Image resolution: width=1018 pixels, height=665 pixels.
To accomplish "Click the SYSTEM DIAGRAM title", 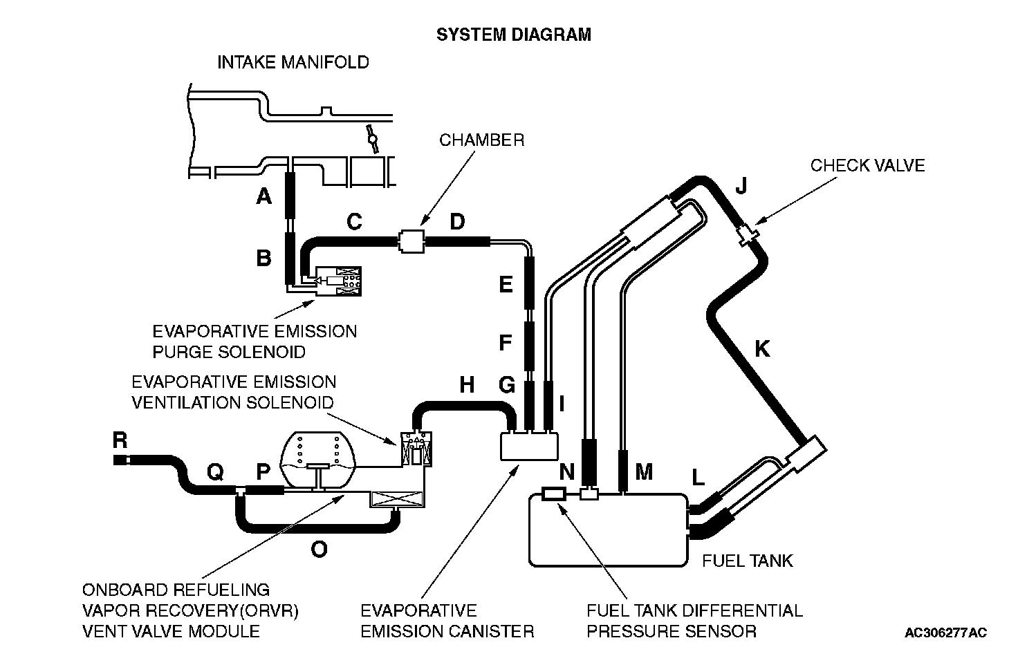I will (x=513, y=35).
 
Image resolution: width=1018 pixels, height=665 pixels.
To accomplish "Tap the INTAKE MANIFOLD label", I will (x=293, y=62).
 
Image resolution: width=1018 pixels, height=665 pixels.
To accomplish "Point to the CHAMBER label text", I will (x=481, y=140).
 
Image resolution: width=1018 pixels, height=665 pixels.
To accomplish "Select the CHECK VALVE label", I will (x=867, y=165).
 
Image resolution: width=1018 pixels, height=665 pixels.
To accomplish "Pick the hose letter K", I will (x=762, y=349).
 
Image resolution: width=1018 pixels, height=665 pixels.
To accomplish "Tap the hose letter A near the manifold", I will (x=263, y=198).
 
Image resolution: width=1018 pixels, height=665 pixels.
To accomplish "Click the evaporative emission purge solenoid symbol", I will (x=337, y=282).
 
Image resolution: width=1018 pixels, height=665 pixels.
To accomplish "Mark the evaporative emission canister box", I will (x=528, y=446).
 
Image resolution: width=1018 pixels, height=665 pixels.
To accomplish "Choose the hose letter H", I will (x=467, y=384).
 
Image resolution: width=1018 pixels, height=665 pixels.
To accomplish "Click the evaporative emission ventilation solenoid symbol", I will (x=417, y=448).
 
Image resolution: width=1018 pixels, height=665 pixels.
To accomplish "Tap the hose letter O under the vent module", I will (x=319, y=550).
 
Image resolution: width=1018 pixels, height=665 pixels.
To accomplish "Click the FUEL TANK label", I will (x=747, y=560).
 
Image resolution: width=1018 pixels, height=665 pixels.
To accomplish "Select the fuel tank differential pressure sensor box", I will (x=555, y=494).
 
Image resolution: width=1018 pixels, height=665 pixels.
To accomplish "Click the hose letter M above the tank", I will (x=644, y=472).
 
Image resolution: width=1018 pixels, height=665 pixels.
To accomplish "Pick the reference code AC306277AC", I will (x=946, y=633).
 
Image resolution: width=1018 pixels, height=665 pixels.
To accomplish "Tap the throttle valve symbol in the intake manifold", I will (x=373, y=139).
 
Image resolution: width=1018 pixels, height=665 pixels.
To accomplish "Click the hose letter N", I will (x=566, y=472).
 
